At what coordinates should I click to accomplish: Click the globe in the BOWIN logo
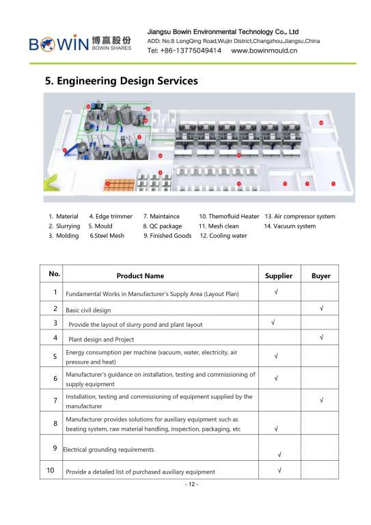pyautogui.click(x=47, y=44)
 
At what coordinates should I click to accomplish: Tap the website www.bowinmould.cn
pyautogui.click(x=264, y=51)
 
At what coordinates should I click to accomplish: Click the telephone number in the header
pyautogui.click(x=184, y=51)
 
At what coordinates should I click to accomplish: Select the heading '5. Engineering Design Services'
pyautogui.click(x=122, y=81)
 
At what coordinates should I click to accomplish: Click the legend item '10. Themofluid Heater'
pyautogui.click(x=229, y=216)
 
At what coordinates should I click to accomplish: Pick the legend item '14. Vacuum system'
pyautogui.click(x=290, y=226)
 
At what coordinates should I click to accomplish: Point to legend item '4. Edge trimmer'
pyautogui.click(x=111, y=216)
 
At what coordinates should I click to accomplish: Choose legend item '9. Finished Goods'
pyautogui.click(x=167, y=236)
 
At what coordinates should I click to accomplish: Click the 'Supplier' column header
pyautogui.click(x=279, y=276)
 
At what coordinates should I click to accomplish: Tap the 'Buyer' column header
pyautogui.click(x=321, y=276)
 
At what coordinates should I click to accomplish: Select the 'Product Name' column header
pyautogui.click(x=140, y=276)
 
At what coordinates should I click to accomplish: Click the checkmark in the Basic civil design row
pyautogui.click(x=321, y=308)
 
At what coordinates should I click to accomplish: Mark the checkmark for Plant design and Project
pyautogui.click(x=321, y=337)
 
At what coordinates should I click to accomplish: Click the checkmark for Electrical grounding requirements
pyautogui.click(x=279, y=455)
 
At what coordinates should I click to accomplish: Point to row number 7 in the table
pyautogui.click(x=55, y=401)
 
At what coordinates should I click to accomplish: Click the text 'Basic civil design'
pyautogui.click(x=88, y=310)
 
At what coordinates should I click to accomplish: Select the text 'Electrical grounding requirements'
pyautogui.click(x=109, y=450)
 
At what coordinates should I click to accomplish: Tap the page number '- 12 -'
pyautogui.click(x=192, y=484)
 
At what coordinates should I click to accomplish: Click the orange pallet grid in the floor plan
pyautogui.click(x=120, y=185)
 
